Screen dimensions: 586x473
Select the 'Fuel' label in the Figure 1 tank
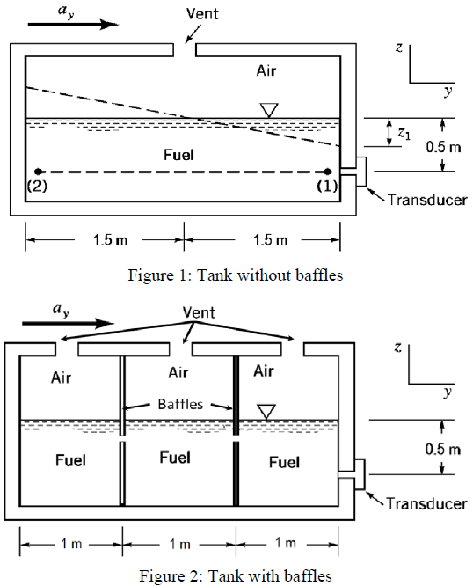click(x=178, y=154)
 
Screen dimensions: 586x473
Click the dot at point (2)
click(x=38, y=172)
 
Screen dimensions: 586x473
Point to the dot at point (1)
click(x=327, y=172)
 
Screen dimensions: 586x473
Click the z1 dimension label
click(x=404, y=134)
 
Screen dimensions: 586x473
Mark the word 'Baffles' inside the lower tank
click(x=179, y=405)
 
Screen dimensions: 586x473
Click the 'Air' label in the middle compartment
click(x=178, y=373)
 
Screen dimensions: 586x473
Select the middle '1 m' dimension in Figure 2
click(x=179, y=543)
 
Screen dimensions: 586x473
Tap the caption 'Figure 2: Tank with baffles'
click(x=235, y=575)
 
